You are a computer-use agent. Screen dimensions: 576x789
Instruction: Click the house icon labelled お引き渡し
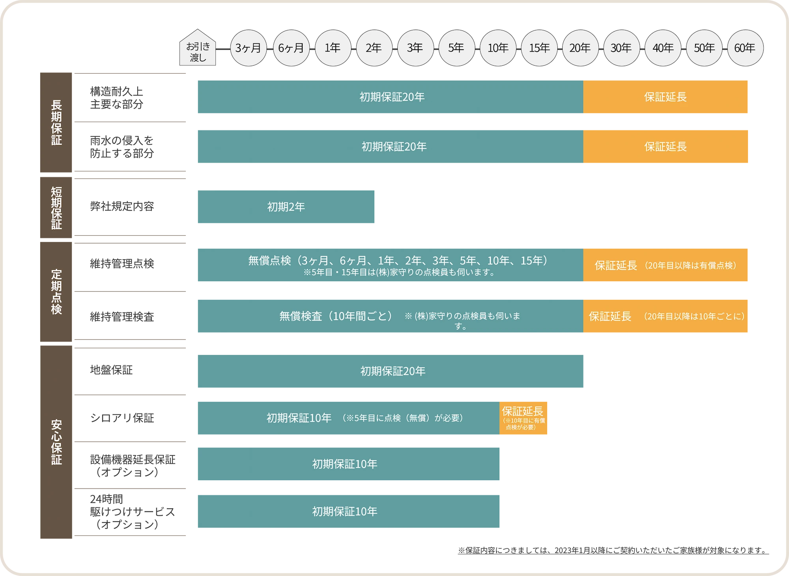(x=198, y=48)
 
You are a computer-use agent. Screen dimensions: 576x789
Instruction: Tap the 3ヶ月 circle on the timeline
(x=248, y=48)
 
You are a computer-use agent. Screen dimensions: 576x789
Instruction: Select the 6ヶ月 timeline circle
(x=291, y=48)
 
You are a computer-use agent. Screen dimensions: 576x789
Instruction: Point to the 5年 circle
(x=456, y=48)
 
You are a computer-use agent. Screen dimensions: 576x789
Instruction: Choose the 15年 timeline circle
(x=539, y=48)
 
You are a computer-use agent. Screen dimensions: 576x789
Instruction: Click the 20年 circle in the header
(x=580, y=48)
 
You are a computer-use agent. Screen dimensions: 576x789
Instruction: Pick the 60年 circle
(x=745, y=48)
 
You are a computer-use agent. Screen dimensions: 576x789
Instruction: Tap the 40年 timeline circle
(x=663, y=48)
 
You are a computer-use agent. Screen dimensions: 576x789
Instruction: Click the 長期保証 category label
(x=56, y=123)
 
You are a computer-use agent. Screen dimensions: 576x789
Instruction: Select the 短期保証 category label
(x=56, y=208)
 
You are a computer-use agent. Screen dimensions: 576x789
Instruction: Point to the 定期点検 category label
(x=56, y=292)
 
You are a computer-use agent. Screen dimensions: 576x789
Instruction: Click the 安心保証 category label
(x=56, y=442)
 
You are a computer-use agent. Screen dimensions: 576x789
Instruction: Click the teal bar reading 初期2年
(x=285, y=207)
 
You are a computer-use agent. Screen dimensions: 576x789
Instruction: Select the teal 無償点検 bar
(x=389, y=265)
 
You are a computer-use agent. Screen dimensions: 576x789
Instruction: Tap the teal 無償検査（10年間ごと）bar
(x=389, y=316)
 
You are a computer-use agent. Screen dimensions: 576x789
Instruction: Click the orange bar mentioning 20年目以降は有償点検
(x=666, y=265)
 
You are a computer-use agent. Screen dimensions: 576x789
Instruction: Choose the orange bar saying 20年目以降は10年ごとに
(x=666, y=316)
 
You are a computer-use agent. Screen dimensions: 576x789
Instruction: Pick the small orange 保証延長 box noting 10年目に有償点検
(x=524, y=419)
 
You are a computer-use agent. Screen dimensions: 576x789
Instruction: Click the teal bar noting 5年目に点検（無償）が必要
(x=347, y=418)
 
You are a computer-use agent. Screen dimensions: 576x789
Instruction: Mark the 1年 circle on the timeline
(x=333, y=48)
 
